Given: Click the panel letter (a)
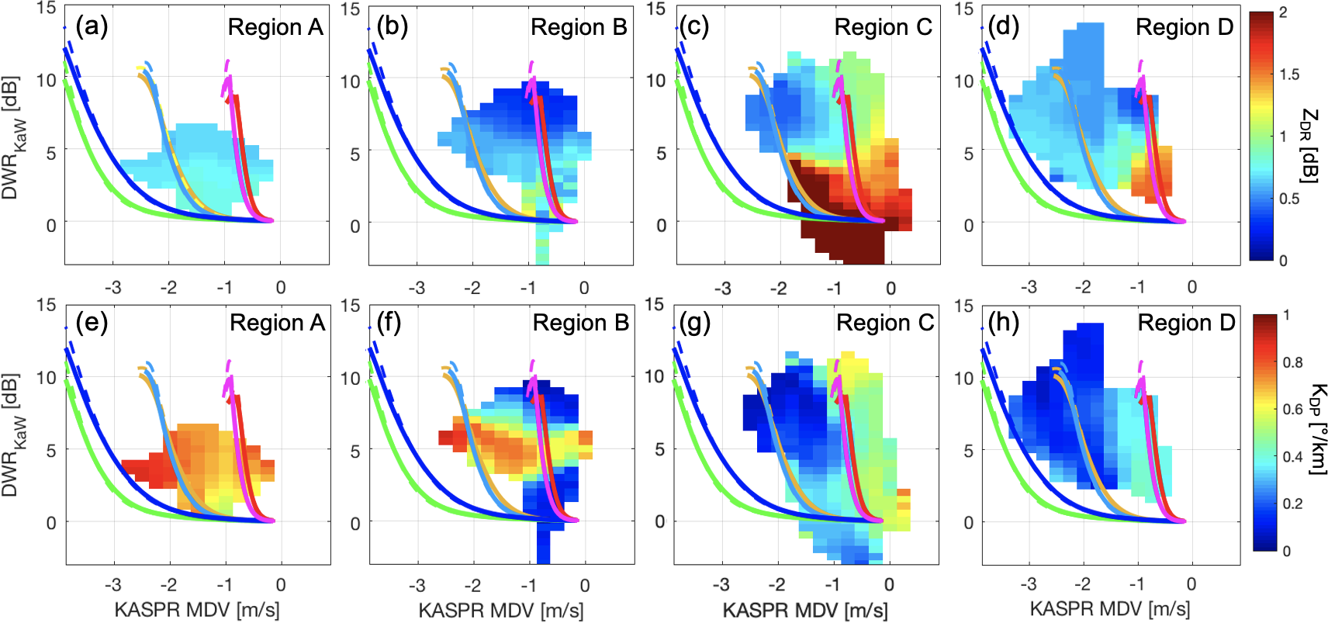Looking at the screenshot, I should pyautogui.click(x=92, y=27).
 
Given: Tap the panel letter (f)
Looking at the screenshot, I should pyautogui.click(x=389, y=323).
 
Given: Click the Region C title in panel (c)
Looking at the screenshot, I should pyautogui.click(x=883, y=27).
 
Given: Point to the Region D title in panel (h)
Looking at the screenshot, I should pyautogui.click(x=1186, y=323).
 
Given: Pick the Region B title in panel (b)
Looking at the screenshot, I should pyautogui.click(x=579, y=27).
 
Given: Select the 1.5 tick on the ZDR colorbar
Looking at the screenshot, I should pyautogui.click(x=1289, y=74).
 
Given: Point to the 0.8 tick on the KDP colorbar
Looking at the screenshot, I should pyautogui.click(x=1292, y=362).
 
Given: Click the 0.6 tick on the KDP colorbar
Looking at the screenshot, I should pyautogui.click(x=1292, y=410).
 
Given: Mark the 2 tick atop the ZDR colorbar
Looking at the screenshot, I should pyautogui.click(x=1283, y=12).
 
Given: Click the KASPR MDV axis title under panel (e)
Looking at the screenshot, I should pyautogui.click(x=197, y=610).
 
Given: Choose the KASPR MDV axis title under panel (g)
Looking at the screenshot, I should pyautogui.click(x=805, y=610).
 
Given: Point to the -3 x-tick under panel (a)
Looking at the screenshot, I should pyautogui.click(x=112, y=288).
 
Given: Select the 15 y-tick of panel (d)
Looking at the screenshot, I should pyautogui.click(x=963, y=9).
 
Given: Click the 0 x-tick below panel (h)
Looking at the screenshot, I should pyautogui.click(x=1191, y=584).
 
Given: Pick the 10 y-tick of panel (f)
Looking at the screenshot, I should pyautogui.click(x=350, y=379).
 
